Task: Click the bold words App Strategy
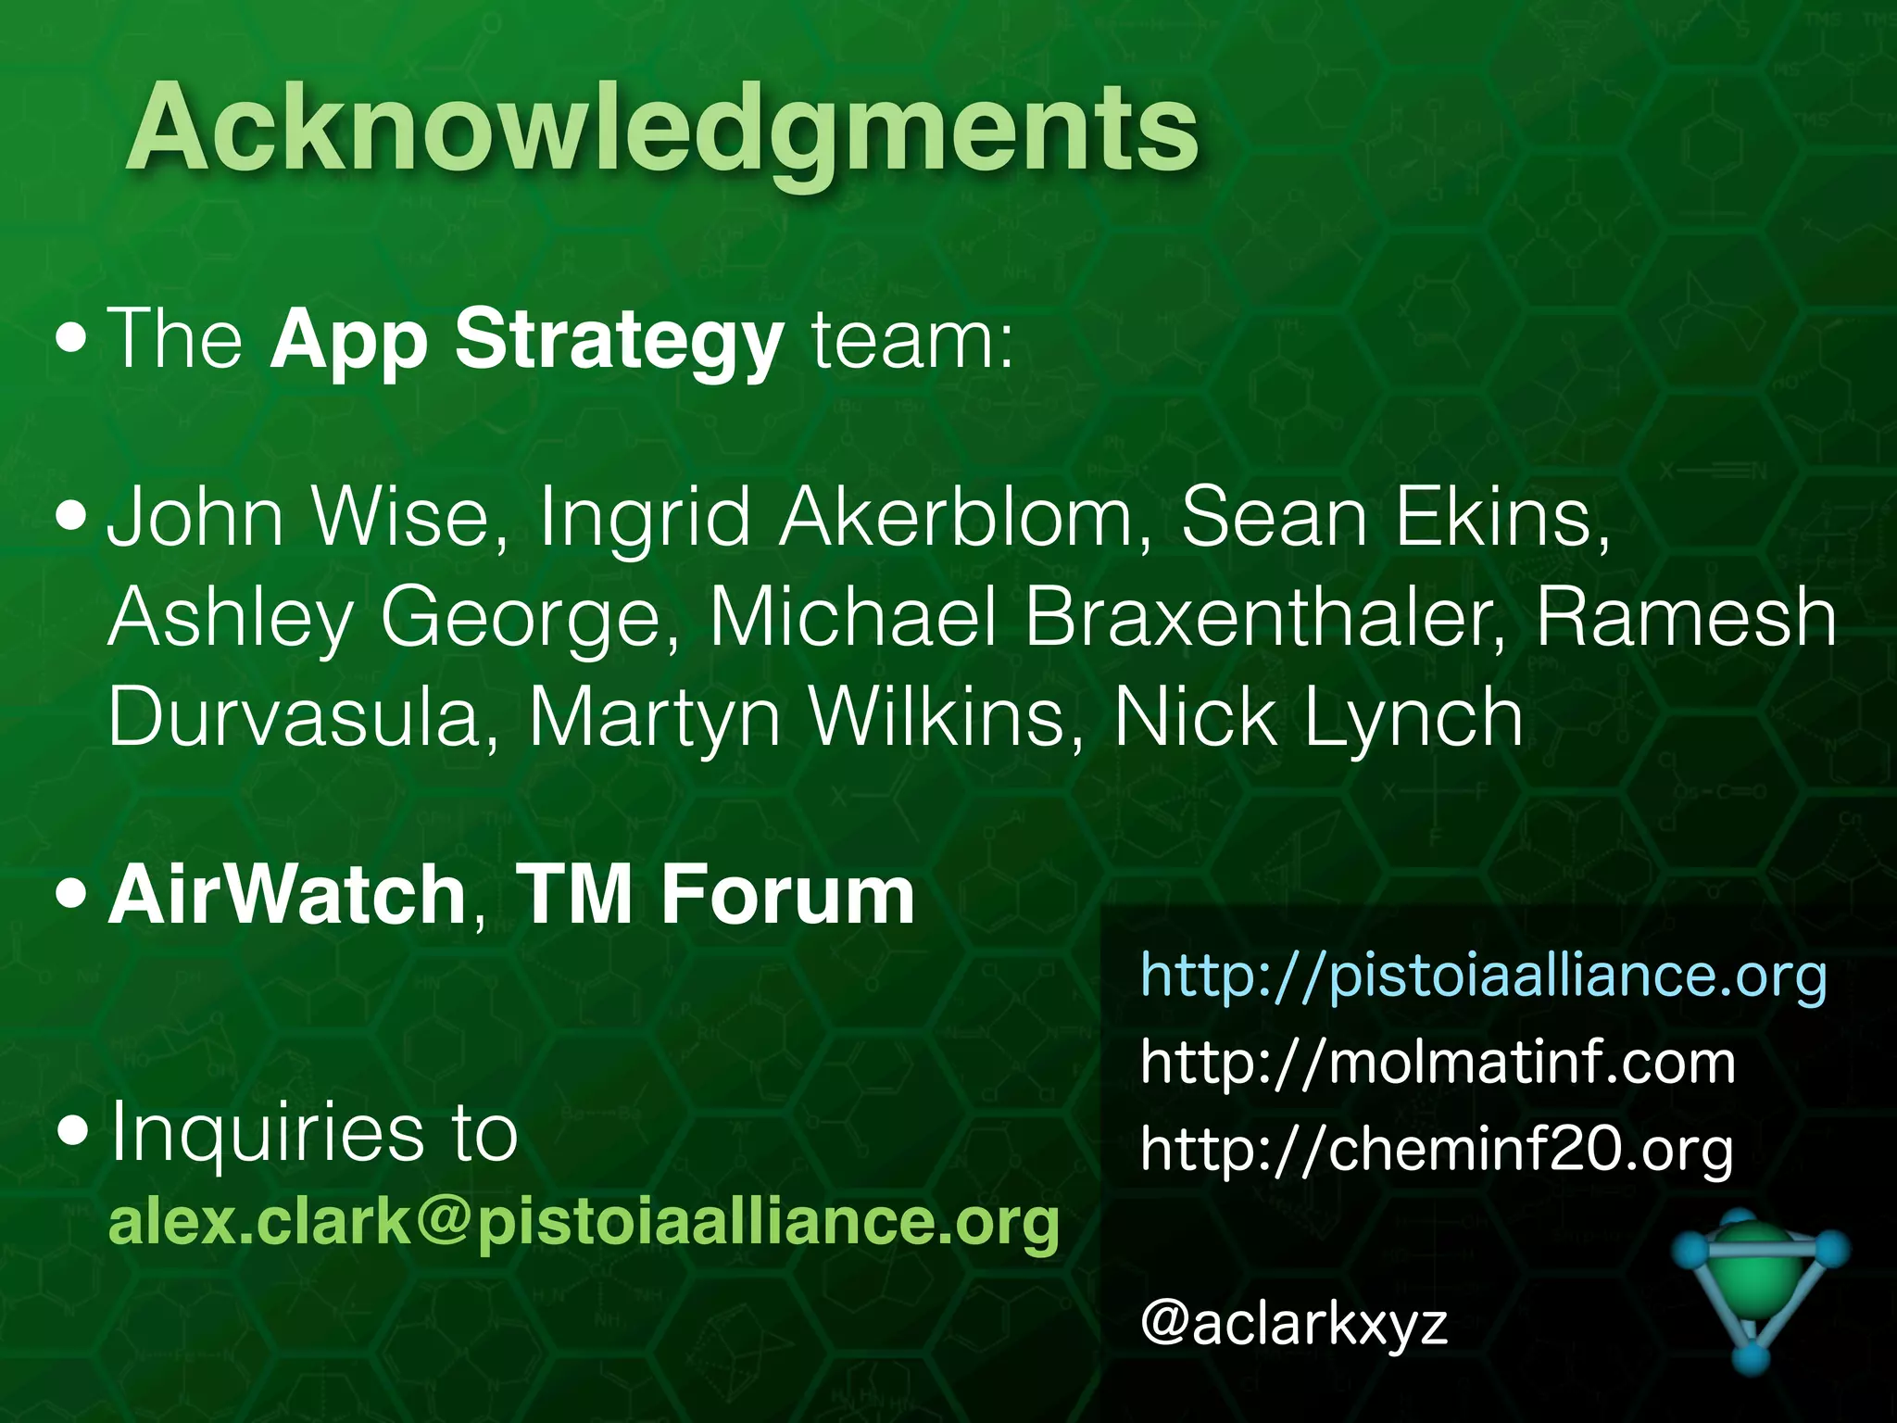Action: coord(527,340)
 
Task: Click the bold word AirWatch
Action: coord(287,895)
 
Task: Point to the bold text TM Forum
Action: coord(715,895)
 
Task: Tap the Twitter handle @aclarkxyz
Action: coord(1294,1323)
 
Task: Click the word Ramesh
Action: coord(1686,618)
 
